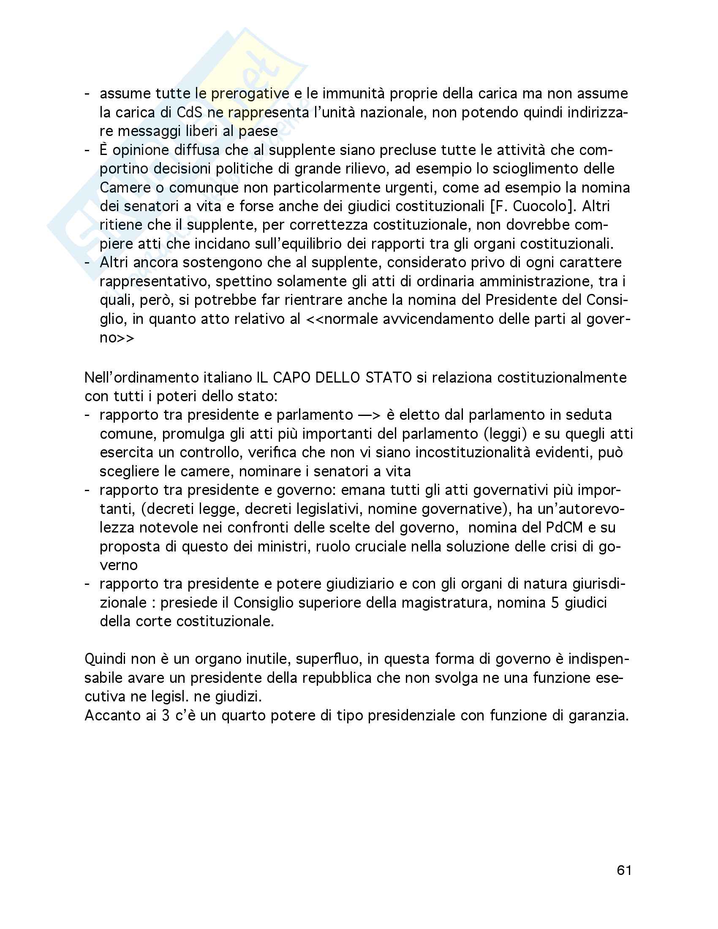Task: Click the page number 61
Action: pyautogui.click(x=623, y=870)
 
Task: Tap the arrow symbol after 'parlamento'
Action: pyautogui.click(x=369, y=415)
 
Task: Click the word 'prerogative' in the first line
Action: pyautogui.click(x=250, y=94)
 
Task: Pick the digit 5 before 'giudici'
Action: pyautogui.click(x=555, y=603)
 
